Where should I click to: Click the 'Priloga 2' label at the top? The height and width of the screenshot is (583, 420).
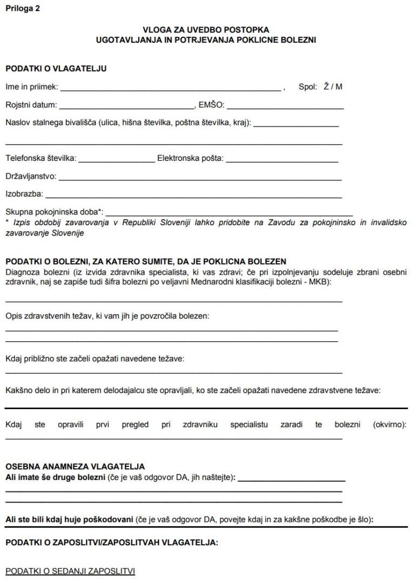(x=22, y=9)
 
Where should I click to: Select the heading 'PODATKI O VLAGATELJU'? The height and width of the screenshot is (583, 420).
(x=56, y=69)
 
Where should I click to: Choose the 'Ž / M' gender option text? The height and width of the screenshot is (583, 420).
(x=333, y=86)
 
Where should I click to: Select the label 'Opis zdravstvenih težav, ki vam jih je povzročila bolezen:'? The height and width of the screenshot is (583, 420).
(x=107, y=316)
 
